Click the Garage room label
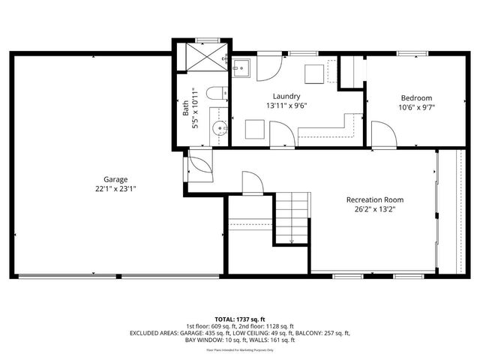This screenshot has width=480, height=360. [115, 179]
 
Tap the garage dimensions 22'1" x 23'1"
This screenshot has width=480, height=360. [115, 190]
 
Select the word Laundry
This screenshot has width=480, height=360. [286, 96]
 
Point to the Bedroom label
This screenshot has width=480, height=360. [416, 97]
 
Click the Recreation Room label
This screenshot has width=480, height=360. [374, 199]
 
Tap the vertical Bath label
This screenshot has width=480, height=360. [186, 109]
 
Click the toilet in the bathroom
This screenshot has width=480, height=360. [215, 94]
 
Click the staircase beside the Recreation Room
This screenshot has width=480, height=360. [292, 217]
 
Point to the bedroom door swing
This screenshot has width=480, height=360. [382, 136]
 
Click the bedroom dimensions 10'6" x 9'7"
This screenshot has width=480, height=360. [416, 107]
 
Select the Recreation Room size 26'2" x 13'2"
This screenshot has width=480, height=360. [374, 210]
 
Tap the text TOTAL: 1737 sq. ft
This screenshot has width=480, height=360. [240, 318]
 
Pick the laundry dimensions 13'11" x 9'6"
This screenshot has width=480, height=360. [286, 106]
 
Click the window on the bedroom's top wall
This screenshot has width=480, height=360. [409, 53]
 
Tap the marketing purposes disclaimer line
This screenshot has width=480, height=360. [240, 349]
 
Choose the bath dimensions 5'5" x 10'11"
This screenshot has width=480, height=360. [196, 109]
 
